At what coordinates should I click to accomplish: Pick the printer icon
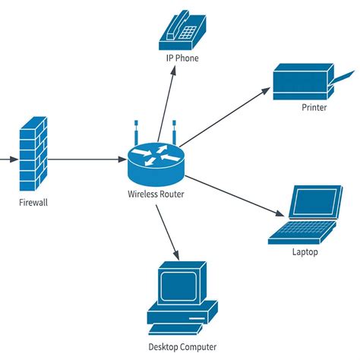point(304,81)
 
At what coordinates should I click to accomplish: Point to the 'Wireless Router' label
point(156,194)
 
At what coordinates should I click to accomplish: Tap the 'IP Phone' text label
point(182,57)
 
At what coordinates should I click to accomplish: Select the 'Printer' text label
point(313,108)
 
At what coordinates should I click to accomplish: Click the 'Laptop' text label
point(305,251)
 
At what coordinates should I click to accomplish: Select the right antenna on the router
point(174,131)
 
